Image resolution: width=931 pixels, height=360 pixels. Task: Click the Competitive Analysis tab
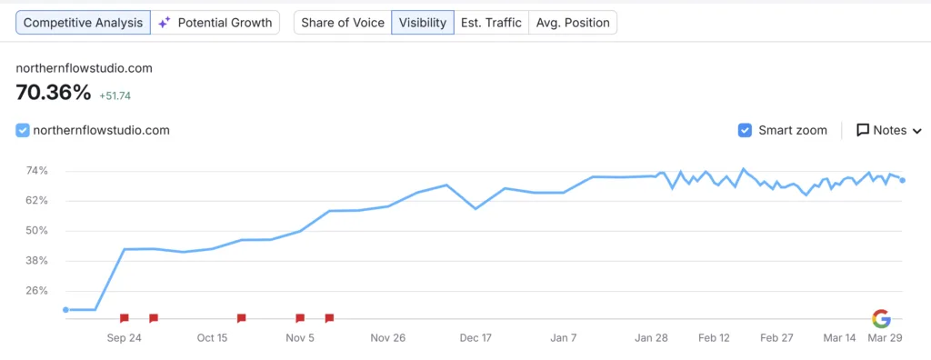(x=84, y=23)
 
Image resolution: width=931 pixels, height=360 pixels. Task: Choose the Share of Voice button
(x=342, y=23)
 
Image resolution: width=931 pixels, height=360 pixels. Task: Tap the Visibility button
(x=424, y=23)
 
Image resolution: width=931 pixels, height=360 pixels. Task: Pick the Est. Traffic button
(x=491, y=23)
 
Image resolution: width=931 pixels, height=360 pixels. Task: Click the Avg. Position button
(x=573, y=23)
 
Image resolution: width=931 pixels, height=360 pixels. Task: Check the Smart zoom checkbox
(x=746, y=130)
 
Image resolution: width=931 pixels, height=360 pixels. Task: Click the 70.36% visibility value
(x=54, y=92)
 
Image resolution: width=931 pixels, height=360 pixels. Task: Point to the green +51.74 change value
(x=115, y=95)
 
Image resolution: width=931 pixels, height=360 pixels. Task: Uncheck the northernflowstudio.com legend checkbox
(x=24, y=130)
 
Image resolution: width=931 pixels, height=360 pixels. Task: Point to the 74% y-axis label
(x=37, y=171)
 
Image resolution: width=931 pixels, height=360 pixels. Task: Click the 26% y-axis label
(x=37, y=291)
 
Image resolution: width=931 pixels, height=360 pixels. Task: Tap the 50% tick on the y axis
(x=37, y=231)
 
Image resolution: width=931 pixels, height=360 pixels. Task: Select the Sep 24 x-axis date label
(x=124, y=337)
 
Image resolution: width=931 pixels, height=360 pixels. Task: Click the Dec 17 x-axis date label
(x=476, y=337)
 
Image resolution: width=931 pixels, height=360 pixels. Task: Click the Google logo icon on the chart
(x=881, y=318)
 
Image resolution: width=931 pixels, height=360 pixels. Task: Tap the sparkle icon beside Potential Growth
(x=165, y=23)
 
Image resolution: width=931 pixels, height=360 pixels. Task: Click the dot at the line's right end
(x=902, y=180)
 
